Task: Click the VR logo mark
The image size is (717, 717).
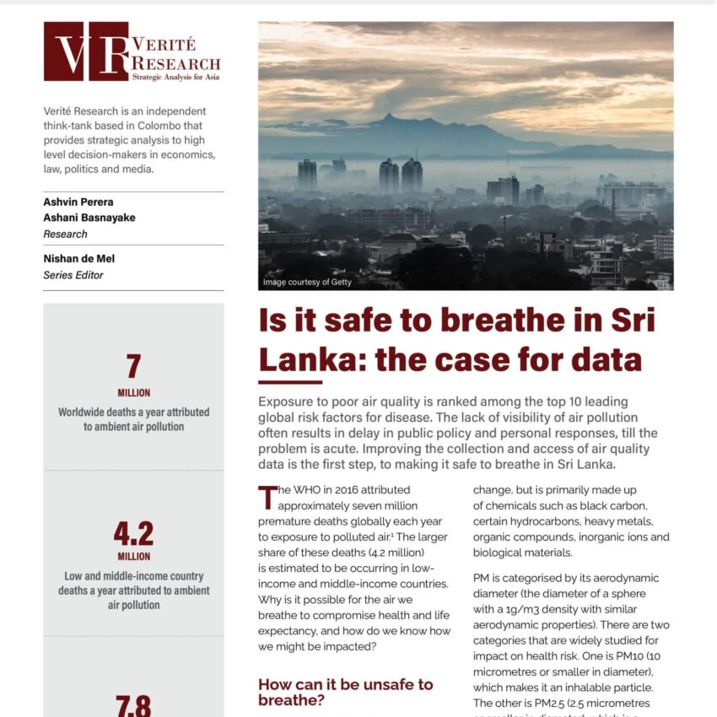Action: [x=86, y=51]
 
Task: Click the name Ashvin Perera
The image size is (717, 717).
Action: [x=79, y=202]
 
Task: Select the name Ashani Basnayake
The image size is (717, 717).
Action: [x=89, y=218]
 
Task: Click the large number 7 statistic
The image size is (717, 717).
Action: [x=133, y=367]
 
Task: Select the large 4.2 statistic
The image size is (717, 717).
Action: [x=133, y=533]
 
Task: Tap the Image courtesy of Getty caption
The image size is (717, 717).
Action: [x=307, y=282]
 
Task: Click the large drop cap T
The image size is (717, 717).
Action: [x=267, y=497]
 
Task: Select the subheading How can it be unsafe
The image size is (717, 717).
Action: [x=345, y=684]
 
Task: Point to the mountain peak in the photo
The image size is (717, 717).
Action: [x=390, y=117]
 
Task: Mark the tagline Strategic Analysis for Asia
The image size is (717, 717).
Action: [x=175, y=77]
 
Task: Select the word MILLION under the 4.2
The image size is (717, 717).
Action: [x=133, y=557]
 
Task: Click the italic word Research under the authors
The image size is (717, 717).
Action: [x=65, y=234]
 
